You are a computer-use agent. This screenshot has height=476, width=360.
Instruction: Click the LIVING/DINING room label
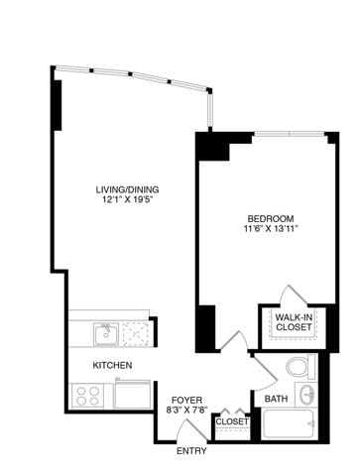tap(127, 189)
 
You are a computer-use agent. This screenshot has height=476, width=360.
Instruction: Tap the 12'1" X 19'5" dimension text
tap(127, 201)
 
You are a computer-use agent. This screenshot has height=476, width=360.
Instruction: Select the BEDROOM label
tap(271, 218)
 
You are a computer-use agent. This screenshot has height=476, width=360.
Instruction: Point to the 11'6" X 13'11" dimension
tap(271, 230)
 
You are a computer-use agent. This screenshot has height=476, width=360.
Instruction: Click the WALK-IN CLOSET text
tap(294, 321)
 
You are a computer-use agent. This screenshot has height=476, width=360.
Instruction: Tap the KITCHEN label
tap(112, 365)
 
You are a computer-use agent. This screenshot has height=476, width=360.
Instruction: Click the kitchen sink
tap(105, 333)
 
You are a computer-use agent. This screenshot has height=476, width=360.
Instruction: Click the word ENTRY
tap(192, 451)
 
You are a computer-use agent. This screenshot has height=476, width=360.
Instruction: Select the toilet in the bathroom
tap(299, 368)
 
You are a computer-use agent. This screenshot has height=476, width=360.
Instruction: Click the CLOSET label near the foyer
tap(231, 421)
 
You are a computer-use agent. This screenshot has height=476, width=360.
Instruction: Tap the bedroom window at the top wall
tap(286, 133)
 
